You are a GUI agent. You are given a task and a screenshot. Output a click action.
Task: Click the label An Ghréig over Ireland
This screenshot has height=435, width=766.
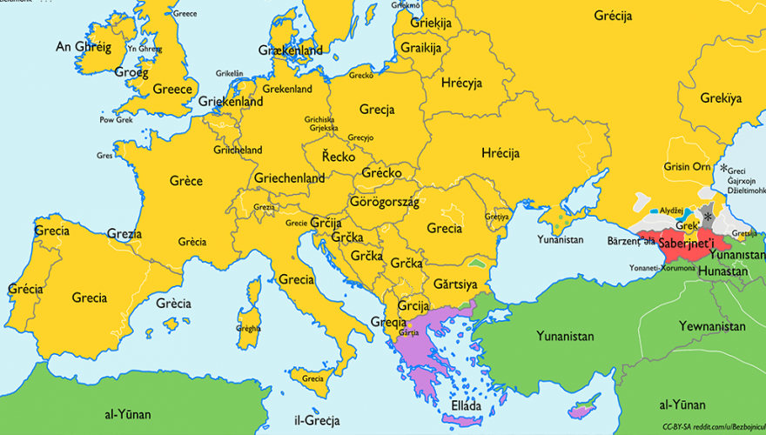84,47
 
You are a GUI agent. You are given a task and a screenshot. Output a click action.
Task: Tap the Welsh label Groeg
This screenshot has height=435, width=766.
131,73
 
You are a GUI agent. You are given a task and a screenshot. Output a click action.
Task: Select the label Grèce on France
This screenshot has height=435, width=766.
185,181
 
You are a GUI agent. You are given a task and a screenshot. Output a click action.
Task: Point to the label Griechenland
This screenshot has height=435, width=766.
289,178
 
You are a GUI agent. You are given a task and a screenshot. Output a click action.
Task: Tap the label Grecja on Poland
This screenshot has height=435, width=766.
376,110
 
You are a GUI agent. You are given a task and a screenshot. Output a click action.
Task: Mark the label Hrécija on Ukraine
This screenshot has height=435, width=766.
500,153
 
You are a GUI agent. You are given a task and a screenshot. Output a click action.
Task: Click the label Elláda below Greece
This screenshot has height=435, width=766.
466,405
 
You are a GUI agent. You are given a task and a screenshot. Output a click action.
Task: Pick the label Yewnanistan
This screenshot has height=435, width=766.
713,326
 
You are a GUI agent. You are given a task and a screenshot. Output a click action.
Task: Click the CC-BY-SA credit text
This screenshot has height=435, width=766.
712,426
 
